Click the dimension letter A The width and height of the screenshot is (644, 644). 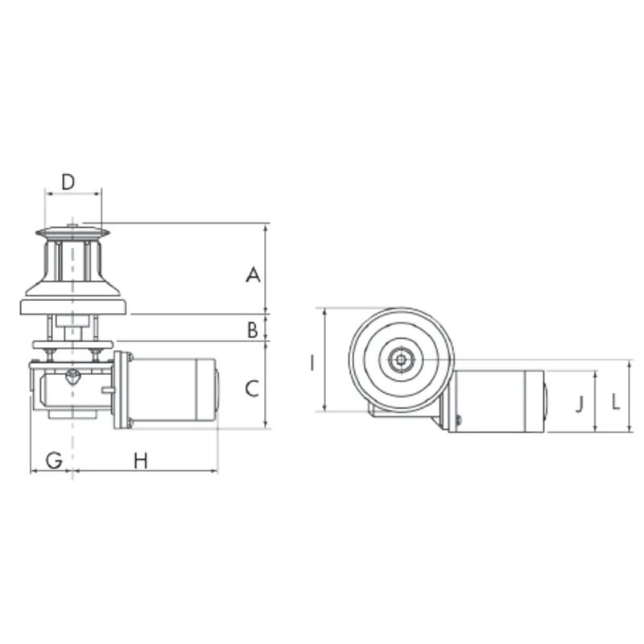pos(253,275)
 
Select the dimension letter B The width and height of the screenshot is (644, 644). pos(253,328)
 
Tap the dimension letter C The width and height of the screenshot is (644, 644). pos(252,389)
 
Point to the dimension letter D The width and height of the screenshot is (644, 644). pos(68,182)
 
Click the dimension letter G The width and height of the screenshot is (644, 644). pos(53,460)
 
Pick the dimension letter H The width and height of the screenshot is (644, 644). pos(141,460)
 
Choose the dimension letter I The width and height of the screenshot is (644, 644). pos(312,362)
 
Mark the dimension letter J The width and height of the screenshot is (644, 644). pos(580,403)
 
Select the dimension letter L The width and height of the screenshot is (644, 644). pos(615,401)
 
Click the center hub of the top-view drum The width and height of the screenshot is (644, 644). pos(400,360)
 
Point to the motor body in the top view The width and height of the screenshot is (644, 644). pos(491,400)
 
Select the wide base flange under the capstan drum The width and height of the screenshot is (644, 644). pos(73,307)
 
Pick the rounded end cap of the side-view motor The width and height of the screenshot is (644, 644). pos(216,390)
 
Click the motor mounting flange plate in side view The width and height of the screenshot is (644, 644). pos(122,390)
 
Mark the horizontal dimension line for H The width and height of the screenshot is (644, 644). pos(145,471)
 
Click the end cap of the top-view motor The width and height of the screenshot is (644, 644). pos(544,401)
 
